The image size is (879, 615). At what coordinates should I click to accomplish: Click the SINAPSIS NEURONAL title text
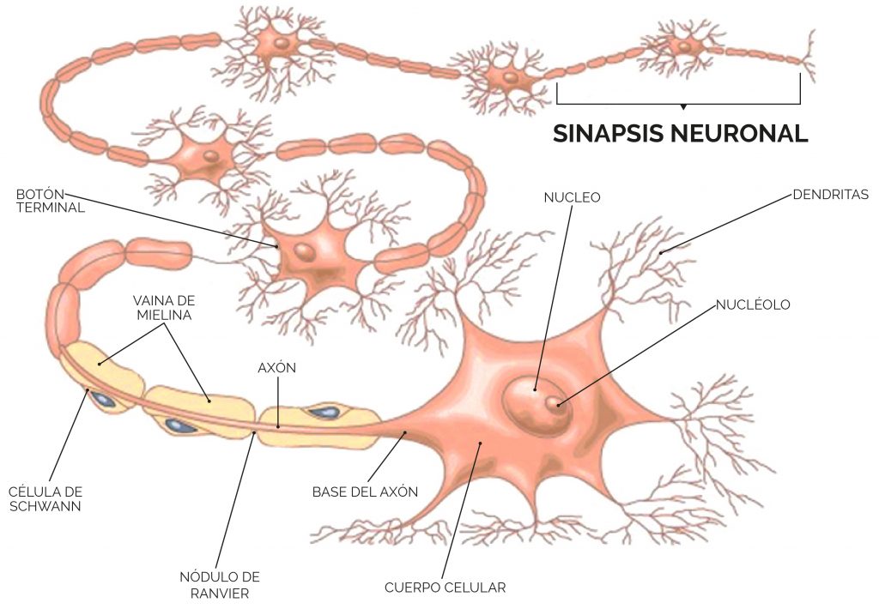(680, 133)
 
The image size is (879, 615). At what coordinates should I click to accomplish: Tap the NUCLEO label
(572, 197)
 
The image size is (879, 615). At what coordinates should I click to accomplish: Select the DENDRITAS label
(830, 195)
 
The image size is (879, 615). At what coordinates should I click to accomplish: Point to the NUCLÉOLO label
(753, 304)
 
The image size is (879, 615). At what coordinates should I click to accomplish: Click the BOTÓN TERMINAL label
(51, 201)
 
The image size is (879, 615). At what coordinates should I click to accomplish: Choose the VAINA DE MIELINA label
(164, 308)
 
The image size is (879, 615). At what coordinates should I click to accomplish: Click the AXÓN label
(277, 368)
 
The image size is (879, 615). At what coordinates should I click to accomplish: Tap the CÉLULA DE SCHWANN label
(45, 499)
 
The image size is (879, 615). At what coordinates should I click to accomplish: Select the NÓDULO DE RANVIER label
(220, 585)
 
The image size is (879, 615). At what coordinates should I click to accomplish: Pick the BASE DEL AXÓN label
(365, 491)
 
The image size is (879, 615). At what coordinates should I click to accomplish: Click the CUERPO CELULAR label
(446, 588)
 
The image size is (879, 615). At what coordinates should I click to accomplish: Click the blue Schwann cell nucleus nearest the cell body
(324, 413)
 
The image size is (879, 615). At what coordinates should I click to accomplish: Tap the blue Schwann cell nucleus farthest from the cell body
(104, 400)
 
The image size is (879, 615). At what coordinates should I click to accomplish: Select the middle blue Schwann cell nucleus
(180, 426)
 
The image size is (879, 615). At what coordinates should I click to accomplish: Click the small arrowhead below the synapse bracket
(682, 106)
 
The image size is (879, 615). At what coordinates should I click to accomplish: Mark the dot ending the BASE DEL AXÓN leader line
(405, 432)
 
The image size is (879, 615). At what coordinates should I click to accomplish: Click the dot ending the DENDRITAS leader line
(661, 253)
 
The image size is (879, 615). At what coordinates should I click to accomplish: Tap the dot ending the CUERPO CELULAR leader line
(480, 443)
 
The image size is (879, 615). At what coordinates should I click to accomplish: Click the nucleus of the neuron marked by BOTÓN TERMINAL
(305, 251)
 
